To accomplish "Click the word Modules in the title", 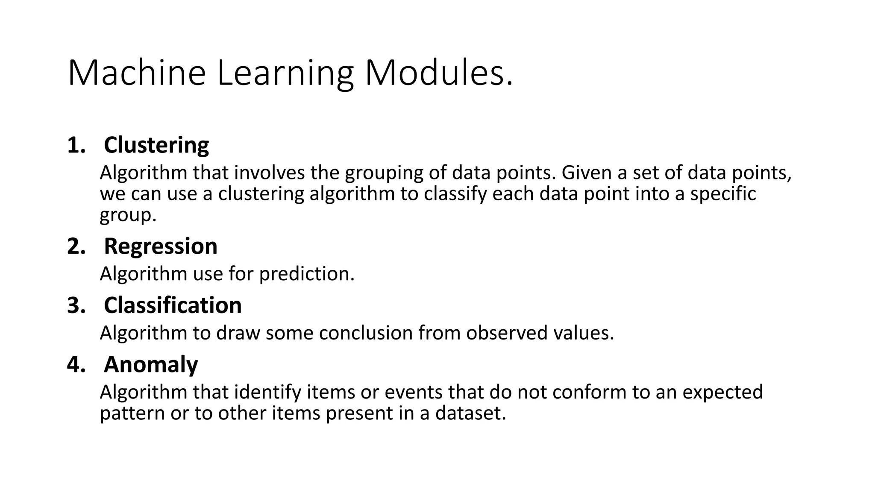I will point(438,73).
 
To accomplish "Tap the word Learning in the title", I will point(285,73).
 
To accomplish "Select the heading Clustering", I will point(156,145).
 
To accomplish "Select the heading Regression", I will point(161,246).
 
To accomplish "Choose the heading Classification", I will point(173,305).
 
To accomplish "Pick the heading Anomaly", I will point(151,365).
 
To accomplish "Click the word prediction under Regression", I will point(307,274).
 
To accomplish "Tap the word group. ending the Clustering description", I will point(128,215).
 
